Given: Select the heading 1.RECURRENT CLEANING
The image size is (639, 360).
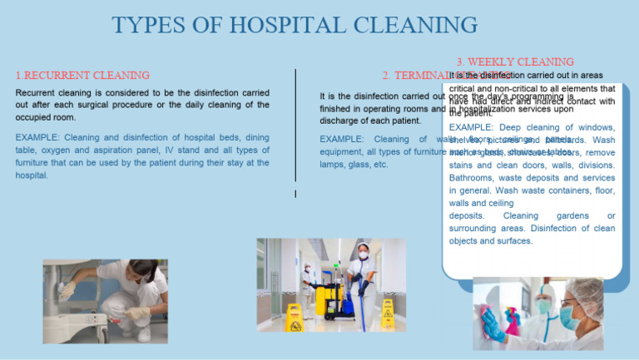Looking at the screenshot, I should click(x=82, y=76).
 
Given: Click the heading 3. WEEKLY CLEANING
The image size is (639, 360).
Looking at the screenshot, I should click(x=515, y=62).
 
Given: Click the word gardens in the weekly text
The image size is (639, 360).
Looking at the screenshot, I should click(x=574, y=215).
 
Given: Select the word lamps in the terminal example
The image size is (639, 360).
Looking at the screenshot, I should click(x=333, y=165).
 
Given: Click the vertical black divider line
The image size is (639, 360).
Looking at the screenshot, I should click(x=297, y=125).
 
